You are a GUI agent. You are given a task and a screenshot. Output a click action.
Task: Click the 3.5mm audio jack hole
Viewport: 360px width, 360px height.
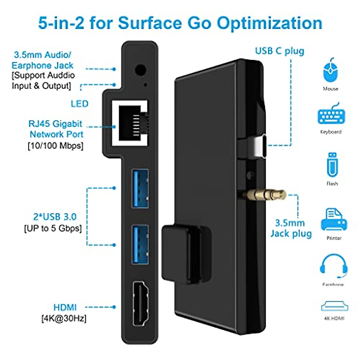point(140,70)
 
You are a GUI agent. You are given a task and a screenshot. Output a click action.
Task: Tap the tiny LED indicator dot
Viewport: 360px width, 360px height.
point(145,85)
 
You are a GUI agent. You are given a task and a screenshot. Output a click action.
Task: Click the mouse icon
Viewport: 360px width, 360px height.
point(330,70)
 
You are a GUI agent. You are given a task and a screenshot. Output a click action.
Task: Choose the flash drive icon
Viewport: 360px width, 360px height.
point(332,165)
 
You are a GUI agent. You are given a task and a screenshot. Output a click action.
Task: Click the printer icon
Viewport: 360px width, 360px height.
point(334,220)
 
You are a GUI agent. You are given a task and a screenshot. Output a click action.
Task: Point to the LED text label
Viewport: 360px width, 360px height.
point(79,104)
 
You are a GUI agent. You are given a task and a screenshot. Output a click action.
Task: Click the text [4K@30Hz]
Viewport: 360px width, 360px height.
point(64,318)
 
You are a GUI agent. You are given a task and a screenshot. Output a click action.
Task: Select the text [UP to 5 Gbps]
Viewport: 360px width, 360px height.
point(53,228)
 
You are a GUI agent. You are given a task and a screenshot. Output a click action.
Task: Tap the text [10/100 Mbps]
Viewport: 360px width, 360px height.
point(55,146)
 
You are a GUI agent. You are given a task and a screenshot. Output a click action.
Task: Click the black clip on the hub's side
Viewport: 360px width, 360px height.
point(186,252)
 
